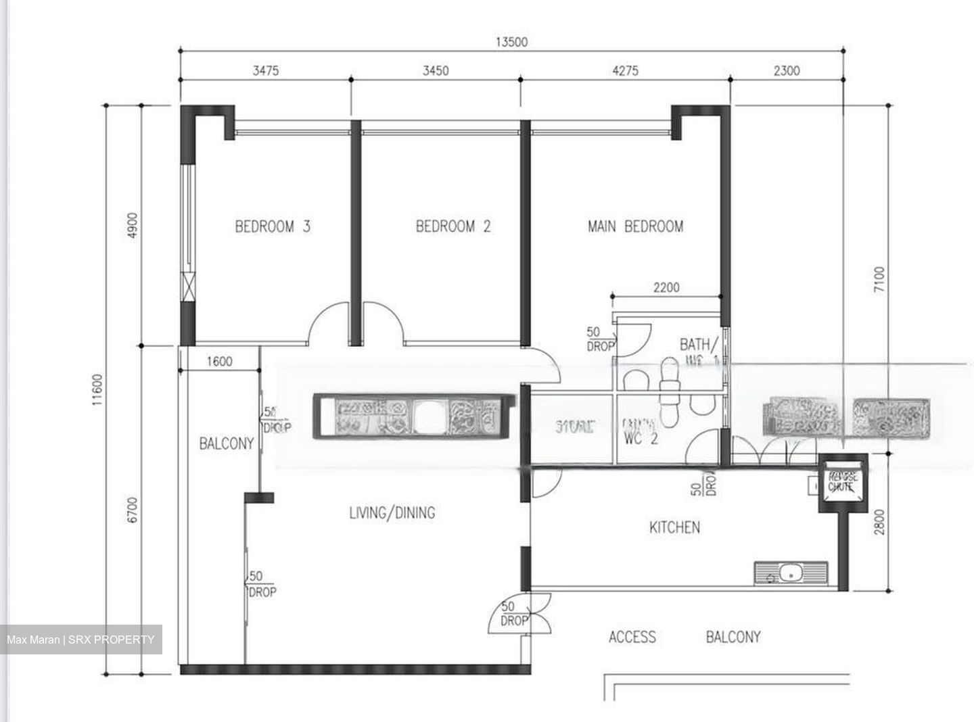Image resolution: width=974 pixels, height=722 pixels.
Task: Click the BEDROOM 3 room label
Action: tap(273, 226)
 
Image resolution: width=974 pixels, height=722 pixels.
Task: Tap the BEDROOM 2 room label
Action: tap(453, 226)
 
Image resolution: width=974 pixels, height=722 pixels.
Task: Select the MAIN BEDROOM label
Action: tap(635, 226)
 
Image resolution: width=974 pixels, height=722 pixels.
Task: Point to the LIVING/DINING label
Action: tap(392, 513)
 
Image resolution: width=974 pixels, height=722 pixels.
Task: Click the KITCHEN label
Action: tap(674, 527)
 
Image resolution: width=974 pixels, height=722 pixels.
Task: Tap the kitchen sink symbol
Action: tap(790, 573)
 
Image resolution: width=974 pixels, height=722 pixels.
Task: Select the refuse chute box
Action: tap(843, 482)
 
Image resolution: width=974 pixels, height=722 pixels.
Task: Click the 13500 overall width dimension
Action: tap(511, 42)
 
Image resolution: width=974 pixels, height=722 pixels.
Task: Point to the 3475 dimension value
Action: tap(265, 70)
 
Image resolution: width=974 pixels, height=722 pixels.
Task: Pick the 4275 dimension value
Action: tap(624, 70)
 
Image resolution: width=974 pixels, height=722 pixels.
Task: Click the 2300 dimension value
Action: tap(786, 70)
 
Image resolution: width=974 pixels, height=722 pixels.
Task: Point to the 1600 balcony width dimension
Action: tap(219, 361)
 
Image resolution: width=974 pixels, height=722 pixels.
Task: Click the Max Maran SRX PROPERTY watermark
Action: tap(81, 640)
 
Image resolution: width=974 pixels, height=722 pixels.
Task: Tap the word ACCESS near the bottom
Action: tap(632, 637)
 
